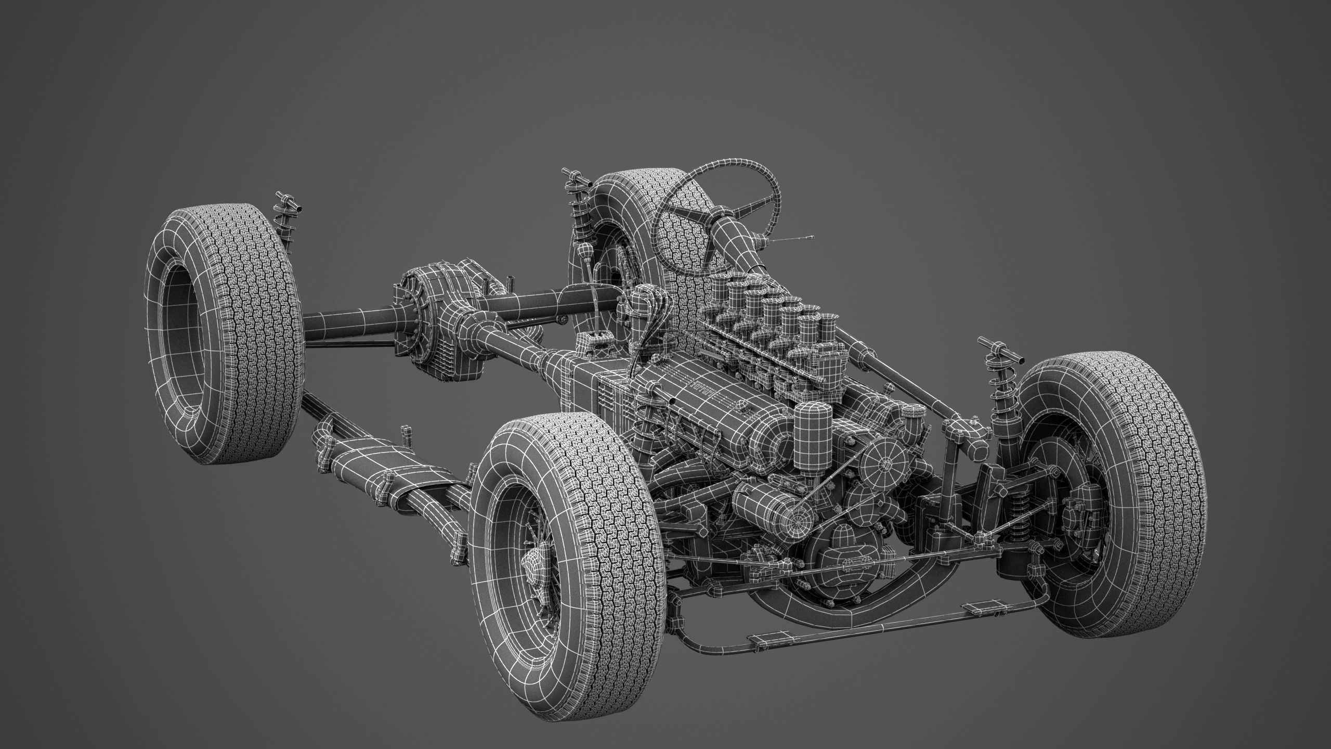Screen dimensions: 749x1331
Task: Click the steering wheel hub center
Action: coord(721,212)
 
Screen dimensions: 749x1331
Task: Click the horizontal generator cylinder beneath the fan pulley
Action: coord(775,515)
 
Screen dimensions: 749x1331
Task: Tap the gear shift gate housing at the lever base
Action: coord(593,343)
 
